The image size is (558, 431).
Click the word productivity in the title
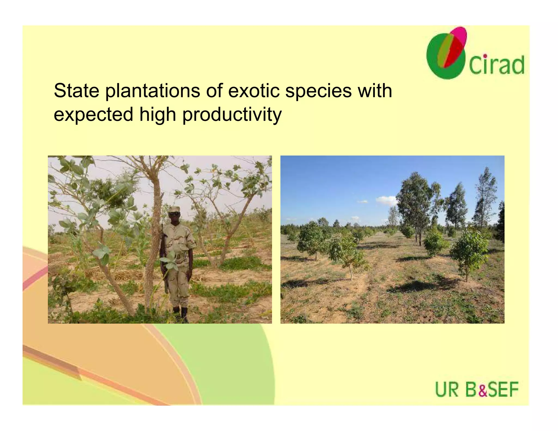232,114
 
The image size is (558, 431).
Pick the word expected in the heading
93,114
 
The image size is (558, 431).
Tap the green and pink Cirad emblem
447,53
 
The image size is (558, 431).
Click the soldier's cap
174,209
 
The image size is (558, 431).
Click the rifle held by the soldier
164,259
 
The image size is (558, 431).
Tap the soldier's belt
180,256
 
